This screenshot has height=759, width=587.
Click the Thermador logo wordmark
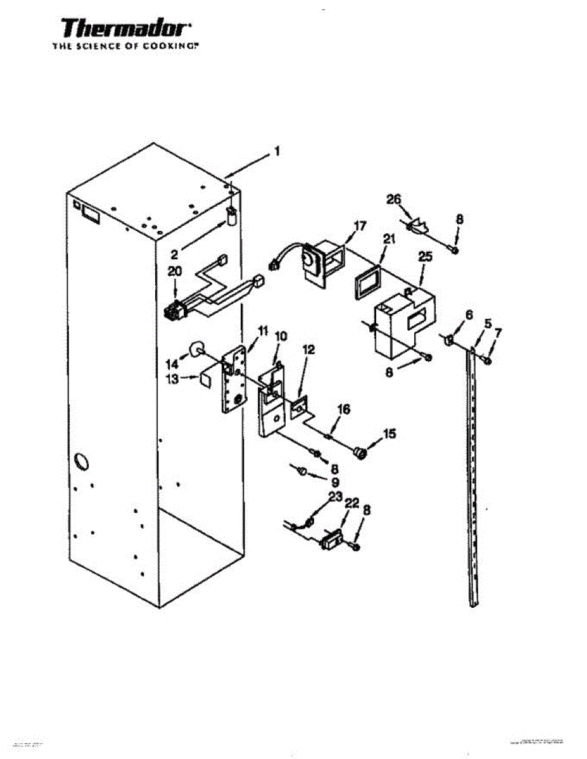point(125,29)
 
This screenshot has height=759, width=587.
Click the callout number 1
point(277,152)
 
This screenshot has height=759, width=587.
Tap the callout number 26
point(394,199)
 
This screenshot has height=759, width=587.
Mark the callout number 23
point(336,497)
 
